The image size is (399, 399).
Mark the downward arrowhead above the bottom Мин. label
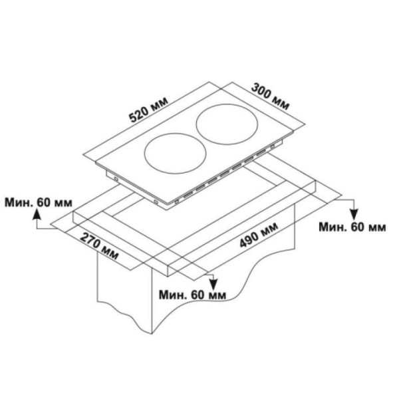[211, 280]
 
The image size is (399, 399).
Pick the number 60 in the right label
[358, 227]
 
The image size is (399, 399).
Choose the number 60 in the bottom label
[198, 294]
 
